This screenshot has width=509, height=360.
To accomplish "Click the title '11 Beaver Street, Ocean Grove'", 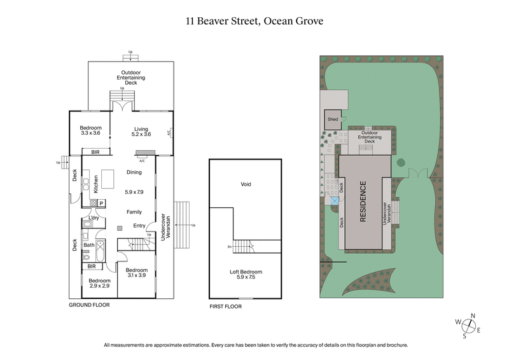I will point(254,21).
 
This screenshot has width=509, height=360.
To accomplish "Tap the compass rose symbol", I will point(470,325).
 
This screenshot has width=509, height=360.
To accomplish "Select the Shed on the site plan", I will point(333,119).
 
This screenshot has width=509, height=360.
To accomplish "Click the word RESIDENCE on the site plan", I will point(363,202).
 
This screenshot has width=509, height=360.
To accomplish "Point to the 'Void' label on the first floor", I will point(246,184).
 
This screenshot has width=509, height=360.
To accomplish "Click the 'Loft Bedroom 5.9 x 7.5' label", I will point(246,275).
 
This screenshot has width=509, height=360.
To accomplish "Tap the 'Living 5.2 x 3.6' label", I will point(141,132).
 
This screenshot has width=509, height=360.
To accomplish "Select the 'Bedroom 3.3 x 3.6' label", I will point(90,131).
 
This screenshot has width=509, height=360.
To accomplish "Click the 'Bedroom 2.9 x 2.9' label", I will point(99,284).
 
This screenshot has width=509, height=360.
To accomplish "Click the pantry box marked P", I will point(101,203).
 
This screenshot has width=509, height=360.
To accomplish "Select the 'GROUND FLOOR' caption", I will point(89,305).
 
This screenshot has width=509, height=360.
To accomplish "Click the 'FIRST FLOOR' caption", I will point(226,307).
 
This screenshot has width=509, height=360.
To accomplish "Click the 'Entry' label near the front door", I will point(139,226).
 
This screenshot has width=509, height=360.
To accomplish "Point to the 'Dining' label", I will point(134,172).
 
